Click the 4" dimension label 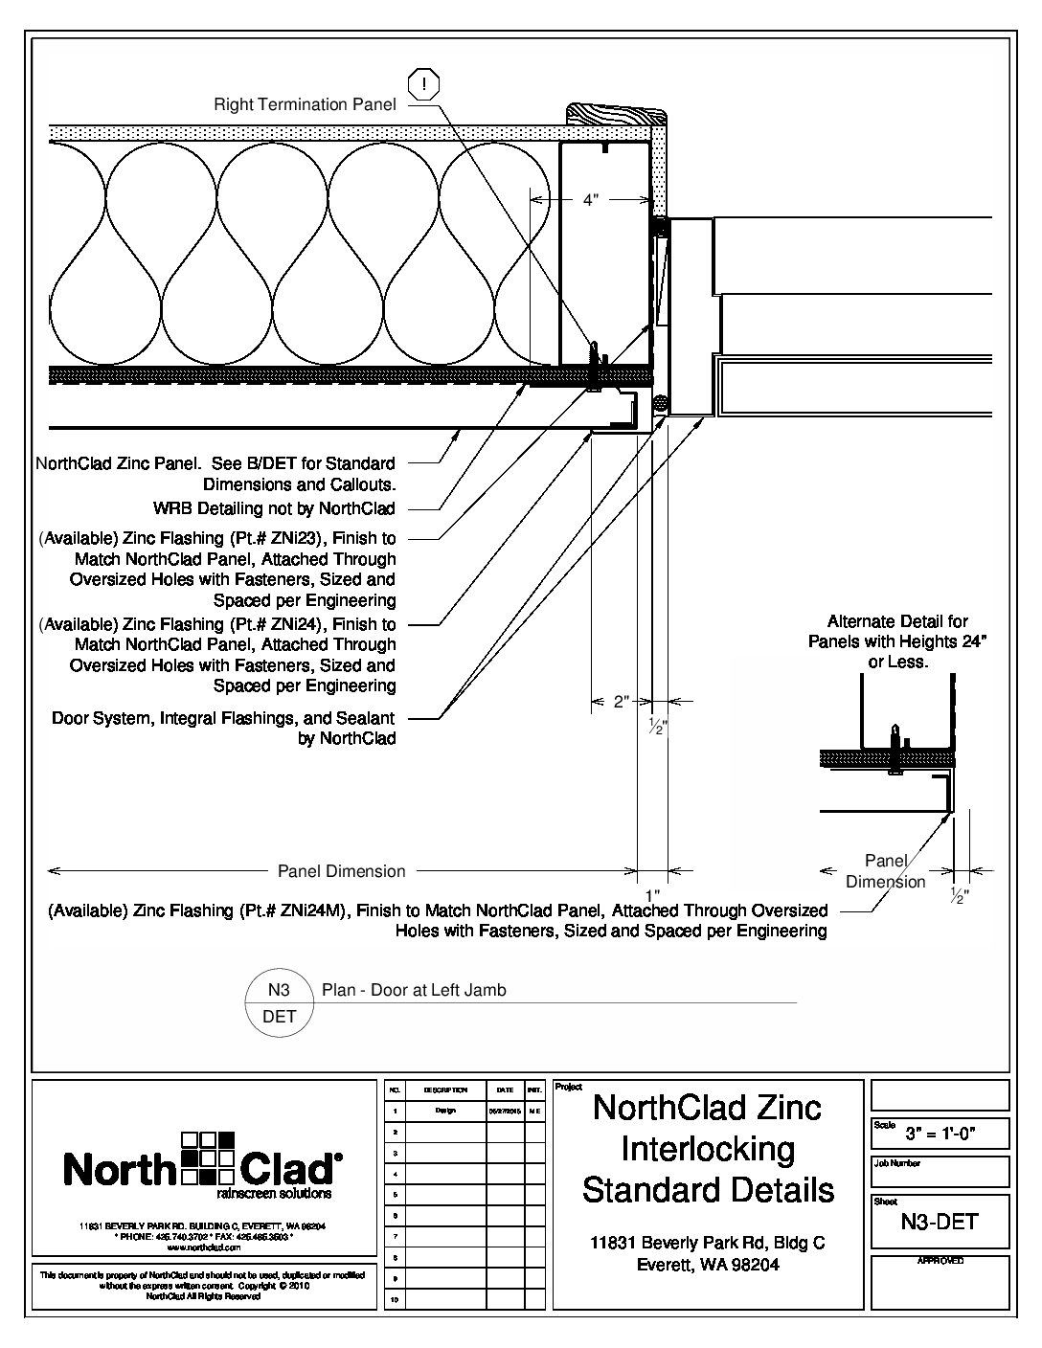(591, 200)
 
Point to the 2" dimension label (621, 702)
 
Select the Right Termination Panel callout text (305, 104)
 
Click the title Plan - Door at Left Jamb (414, 990)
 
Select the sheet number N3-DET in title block (940, 1221)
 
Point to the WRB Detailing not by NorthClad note (274, 508)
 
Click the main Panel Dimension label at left (341, 871)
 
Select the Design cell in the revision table (444, 1112)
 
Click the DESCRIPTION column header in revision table (444, 1090)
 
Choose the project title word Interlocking (708, 1149)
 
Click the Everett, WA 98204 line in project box (708, 1265)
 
